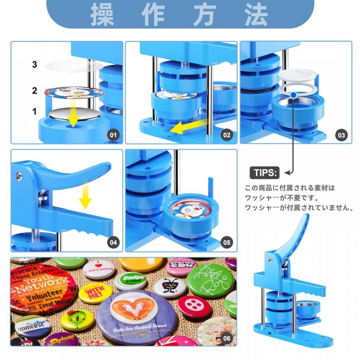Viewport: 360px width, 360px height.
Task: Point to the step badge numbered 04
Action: (x=113, y=242)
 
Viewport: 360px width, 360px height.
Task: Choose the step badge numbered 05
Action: (x=226, y=242)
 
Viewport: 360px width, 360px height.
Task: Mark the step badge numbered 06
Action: (x=226, y=338)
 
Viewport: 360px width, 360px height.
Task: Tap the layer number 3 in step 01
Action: (x=35, y=65)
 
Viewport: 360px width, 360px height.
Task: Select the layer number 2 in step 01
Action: (x=35, y=91)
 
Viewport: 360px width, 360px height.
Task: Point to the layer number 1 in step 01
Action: (x=35, y=112)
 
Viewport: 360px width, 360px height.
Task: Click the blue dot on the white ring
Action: (x=294, y=95)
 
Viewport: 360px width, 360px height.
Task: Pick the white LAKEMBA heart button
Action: (x=98, y=269)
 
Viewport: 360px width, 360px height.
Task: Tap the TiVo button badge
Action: (x=170, y=286)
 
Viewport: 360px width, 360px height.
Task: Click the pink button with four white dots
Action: (x=194, y=306)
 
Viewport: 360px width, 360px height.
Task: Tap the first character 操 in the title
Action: (x=102, y=14)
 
